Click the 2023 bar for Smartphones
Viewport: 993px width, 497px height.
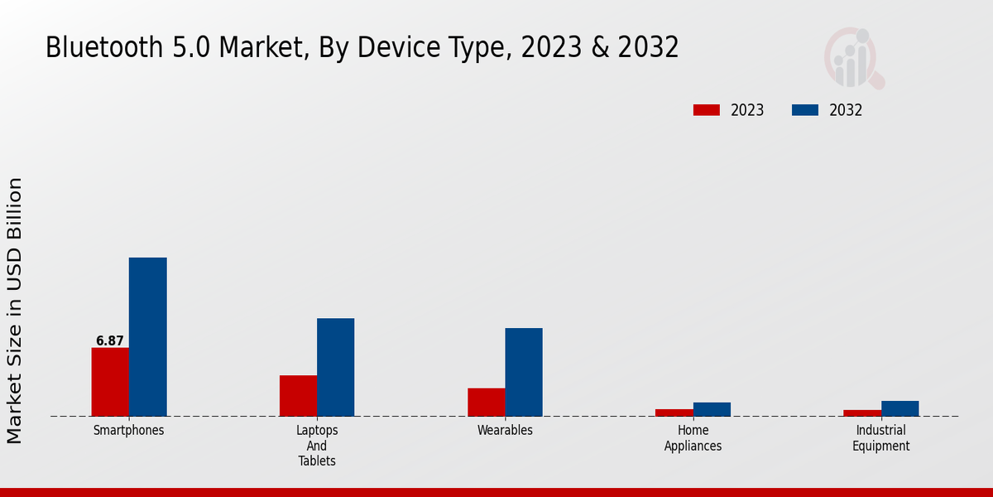[110, 382]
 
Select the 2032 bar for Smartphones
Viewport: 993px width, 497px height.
[147, 337]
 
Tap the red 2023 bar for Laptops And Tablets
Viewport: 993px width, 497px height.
[298, 396]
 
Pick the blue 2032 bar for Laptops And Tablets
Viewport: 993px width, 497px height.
[335, 367]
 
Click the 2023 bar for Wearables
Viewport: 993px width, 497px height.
[486, 402]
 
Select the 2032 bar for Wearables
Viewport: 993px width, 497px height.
[524, 372]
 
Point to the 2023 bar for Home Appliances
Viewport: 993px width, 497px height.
[674, 413]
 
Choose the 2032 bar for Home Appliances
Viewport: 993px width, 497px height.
[712, 409]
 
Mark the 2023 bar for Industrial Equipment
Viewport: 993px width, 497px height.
[862, 413]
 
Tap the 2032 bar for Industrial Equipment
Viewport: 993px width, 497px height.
[899, 408]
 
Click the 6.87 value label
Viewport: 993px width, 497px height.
[110, 340]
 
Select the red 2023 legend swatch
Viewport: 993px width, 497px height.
[707, 110]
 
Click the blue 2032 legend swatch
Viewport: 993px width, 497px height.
[805, 110]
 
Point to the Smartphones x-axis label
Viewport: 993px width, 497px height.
[129, 431]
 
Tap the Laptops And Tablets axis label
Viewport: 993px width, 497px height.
[317, 446]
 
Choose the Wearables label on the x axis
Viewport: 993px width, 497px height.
[505, 431]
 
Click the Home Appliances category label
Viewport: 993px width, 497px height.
[693, 438]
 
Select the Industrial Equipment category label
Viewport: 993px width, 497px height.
[881, 438]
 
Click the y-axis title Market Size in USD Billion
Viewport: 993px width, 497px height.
[15, 311]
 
